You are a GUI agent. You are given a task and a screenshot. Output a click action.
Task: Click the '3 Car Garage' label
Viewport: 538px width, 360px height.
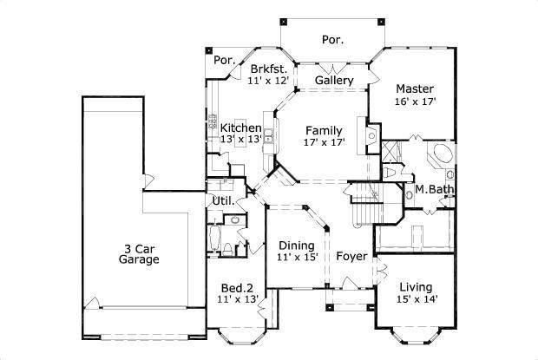tap(140, 252)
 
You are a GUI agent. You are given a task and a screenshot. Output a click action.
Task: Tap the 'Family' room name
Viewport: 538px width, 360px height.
tap(324, 131)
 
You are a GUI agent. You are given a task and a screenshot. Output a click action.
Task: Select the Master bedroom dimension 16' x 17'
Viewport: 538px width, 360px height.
tap(415, 101)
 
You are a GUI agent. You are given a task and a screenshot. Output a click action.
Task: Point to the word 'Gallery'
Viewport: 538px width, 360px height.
tap(333, 81)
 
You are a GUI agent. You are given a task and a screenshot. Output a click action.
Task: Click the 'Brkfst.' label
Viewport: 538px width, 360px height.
tap(267, 69)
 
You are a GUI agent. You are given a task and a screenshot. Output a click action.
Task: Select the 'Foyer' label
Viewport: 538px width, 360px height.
tap(351, 256)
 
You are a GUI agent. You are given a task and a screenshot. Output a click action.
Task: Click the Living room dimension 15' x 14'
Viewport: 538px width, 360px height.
tap(417, 299)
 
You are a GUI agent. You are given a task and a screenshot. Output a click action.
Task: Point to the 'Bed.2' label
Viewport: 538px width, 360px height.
tap(237, 287)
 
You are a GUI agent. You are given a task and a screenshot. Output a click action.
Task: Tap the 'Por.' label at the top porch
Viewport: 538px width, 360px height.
tap(332, 39)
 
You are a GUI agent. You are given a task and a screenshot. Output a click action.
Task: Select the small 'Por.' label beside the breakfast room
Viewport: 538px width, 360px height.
tap(225, 61)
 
